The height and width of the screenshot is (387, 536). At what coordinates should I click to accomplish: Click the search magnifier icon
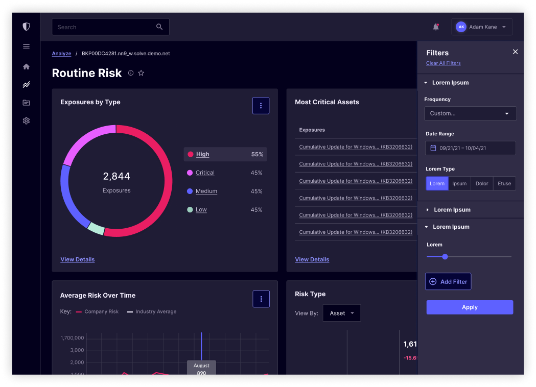159,27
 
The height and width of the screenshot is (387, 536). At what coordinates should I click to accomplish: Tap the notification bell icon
436,27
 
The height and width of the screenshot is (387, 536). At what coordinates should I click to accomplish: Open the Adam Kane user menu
481,27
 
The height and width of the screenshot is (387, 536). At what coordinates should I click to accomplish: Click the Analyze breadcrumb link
61,54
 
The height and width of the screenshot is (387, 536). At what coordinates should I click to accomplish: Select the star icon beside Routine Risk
142,73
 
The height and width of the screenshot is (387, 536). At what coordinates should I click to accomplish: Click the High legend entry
202,154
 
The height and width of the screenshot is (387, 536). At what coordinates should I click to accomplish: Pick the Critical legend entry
204,173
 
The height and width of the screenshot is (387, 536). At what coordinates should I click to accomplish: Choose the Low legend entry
201,210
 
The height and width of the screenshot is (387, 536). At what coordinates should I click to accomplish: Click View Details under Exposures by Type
77,259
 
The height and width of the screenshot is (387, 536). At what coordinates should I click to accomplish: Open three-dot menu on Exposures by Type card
261,106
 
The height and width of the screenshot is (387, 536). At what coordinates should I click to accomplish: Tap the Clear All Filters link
443,63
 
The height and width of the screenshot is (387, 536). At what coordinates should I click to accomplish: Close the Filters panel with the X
515,52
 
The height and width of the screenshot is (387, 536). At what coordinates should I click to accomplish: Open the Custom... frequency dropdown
470,113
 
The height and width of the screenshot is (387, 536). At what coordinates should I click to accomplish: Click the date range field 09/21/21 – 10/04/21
470,148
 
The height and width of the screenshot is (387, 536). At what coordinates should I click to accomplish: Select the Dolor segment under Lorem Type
482,184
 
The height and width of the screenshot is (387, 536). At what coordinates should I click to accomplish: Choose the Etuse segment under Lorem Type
504,184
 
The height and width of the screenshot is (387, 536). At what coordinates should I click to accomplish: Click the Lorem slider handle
445,256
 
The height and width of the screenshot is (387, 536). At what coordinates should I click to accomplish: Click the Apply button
470,307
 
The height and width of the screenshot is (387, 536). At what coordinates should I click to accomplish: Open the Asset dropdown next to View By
341,313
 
